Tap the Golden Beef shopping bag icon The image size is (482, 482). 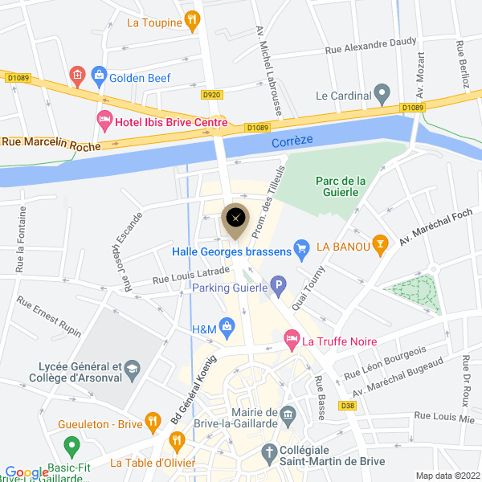click(x=99, y=78)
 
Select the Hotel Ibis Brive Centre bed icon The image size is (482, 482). click(x=104, y=120)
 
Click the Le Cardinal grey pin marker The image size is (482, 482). click(x=383, y=94)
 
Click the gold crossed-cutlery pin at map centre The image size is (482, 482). click(x=235, y=219)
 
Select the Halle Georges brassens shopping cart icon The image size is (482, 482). click(x=301, y=250)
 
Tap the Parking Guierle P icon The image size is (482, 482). click(x=278, y=285)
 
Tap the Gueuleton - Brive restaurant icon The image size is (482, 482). click(x=153, y=423)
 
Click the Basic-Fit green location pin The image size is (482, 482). click(x=71, y=445)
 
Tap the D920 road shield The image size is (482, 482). click(x=211, y=95)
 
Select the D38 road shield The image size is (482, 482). click(x=347, y=406)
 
